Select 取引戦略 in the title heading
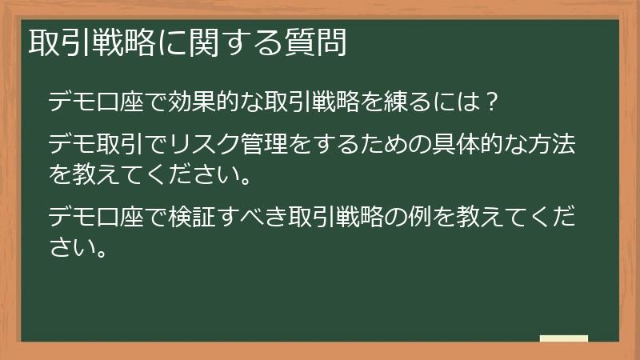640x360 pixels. pyautogui.click(x=91, y=42)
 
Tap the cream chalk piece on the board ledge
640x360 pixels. pyautogui.click(x=564, y=338)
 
